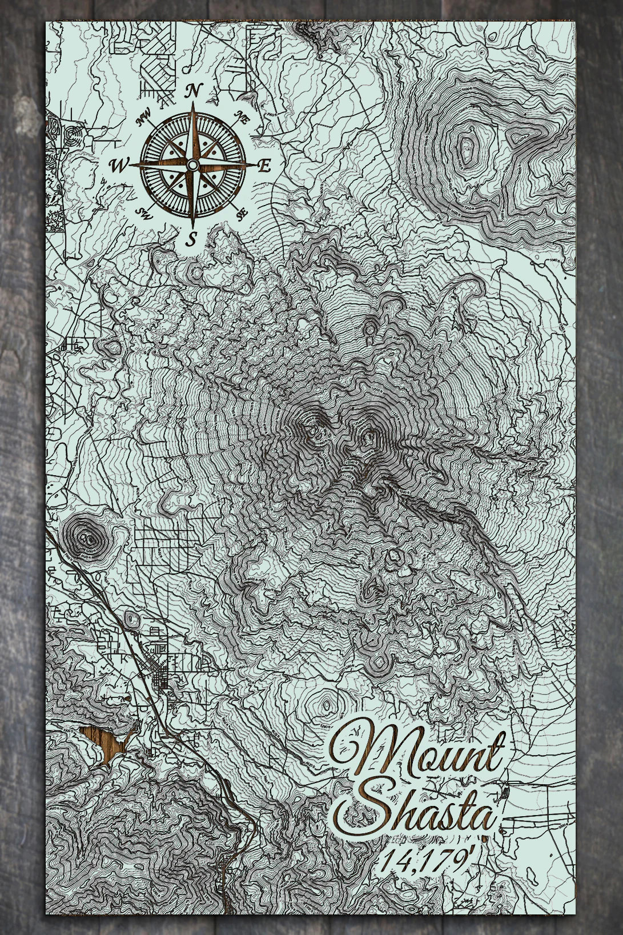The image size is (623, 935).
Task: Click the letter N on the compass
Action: [194, 90]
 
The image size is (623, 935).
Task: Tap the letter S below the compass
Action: [193, 239]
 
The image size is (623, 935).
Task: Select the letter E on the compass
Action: [264, 166]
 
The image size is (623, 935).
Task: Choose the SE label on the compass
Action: [242, 213]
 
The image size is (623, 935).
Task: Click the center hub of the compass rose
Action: [192, 165]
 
